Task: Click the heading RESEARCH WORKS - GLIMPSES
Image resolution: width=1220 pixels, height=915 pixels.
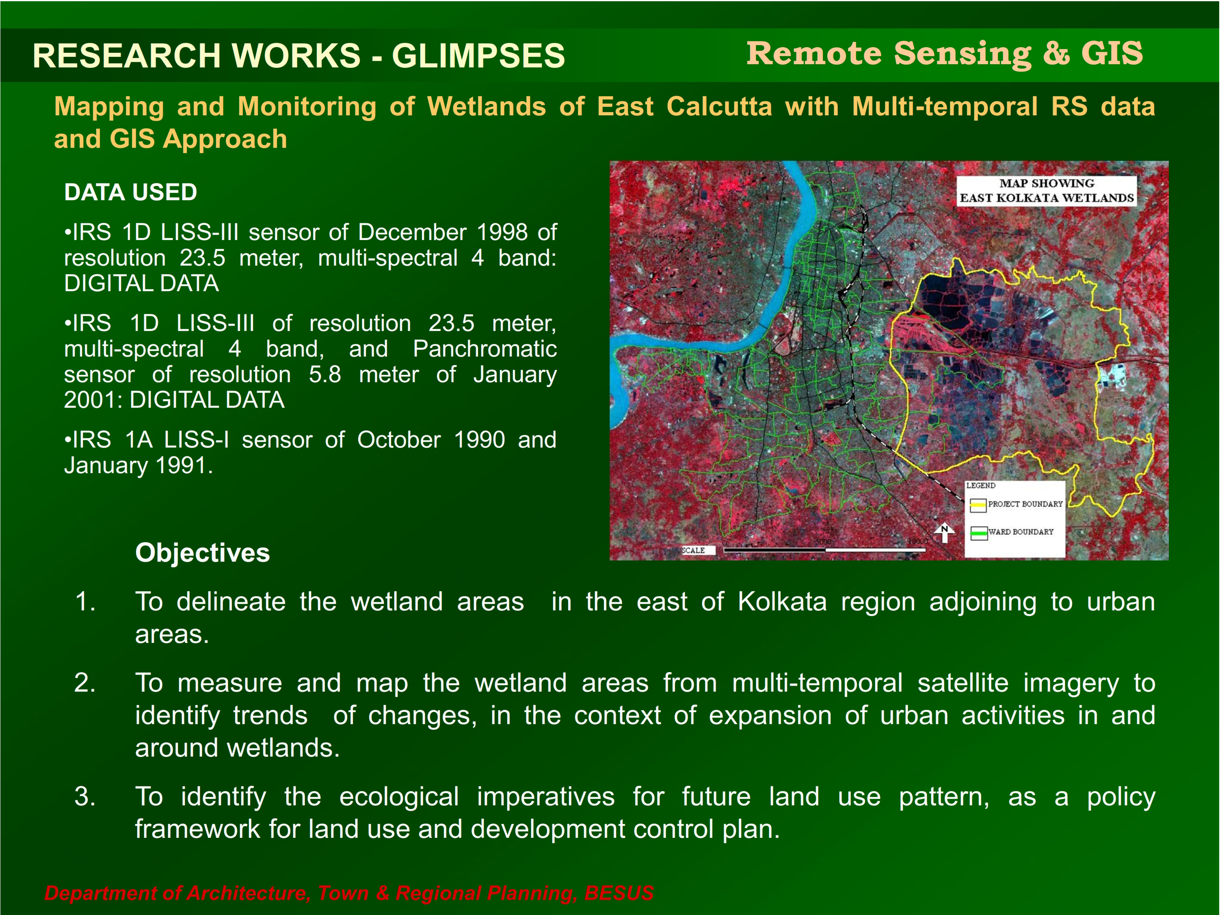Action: (299, 56)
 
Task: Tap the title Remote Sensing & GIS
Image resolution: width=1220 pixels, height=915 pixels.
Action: (944, 54)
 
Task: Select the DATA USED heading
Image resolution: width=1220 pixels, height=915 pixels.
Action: (131, 193)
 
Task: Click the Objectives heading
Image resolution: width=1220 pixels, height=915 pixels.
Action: (202, 553)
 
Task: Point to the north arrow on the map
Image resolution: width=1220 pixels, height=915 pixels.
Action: (944, 533)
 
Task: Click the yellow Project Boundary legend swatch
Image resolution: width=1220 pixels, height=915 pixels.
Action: (978, 505)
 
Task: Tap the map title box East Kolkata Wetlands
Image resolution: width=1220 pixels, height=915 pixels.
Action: (1046, 191)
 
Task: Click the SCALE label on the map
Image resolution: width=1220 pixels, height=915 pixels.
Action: (693, 550)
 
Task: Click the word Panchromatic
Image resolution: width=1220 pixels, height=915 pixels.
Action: (485, 349)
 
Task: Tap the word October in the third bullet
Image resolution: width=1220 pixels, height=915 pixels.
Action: (399, 440)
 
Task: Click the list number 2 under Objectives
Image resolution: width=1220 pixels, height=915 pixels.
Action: (85, 683)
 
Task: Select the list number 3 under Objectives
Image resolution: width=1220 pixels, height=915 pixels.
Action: (85, 796)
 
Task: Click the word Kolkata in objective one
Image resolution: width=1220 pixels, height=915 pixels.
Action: (782, 602)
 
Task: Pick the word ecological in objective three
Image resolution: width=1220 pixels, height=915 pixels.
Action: (399, 797)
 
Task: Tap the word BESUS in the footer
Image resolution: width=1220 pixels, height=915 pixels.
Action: (619, 893)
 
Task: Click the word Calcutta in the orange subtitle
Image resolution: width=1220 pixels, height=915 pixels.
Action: (719, 106)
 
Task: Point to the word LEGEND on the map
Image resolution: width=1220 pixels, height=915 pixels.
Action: (981, 485)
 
